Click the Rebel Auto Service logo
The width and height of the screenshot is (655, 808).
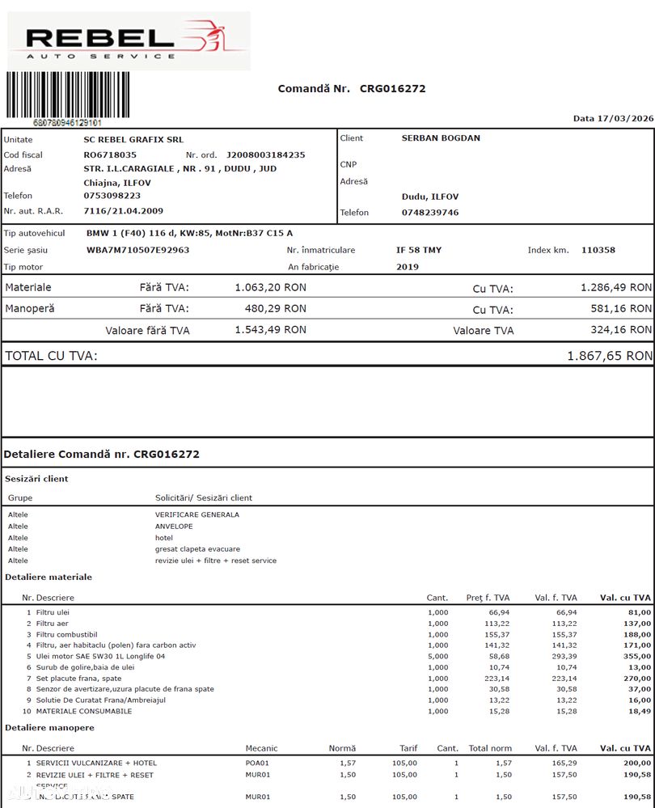click(x=129, y=41)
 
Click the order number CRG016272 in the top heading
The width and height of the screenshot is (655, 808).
click(x=392, y=89)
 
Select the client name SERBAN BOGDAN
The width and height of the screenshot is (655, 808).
click(x=441, y=138)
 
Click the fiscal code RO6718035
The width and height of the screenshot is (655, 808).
click(x=110, y=154)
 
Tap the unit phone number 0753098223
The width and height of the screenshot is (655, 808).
click(x=112, y=196)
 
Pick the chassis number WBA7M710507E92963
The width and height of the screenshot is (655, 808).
click(x=137, y=250)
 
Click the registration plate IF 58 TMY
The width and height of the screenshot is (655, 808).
click(x=419, y=250)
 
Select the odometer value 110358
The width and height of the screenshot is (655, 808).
click(x=598, y=250)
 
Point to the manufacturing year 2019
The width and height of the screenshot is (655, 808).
click(x=408, y=267)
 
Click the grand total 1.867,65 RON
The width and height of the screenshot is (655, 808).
click(x=609, y=356)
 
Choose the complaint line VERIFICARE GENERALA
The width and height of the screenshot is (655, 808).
click(x=196, y=514)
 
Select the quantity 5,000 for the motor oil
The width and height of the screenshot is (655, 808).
click(x=437, y=657)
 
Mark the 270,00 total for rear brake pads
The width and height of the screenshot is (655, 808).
click(x=636, y=679)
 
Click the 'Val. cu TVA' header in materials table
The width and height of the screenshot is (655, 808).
click(x=625, y=598)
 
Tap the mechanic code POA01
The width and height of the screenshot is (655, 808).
click(x=258, y=763)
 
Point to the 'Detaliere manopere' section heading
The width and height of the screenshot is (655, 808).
click(x=49, y=728)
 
